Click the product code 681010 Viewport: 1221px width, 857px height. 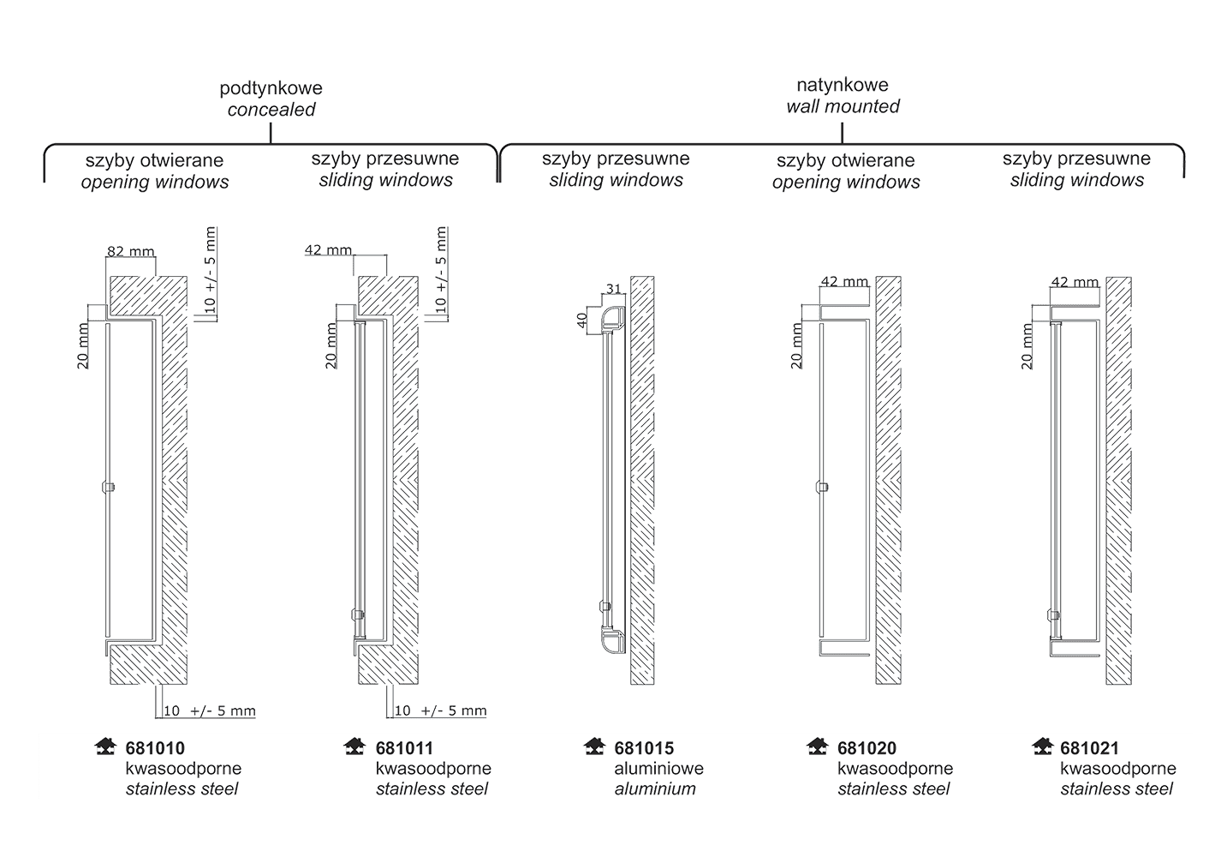(x=155, y=748)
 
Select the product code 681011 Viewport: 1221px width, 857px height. (x=404, y=748)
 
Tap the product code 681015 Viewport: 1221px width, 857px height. (x=644, y=748)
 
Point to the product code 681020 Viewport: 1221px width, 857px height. (x=867, y=748)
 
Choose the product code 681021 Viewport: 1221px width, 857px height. (x=1090, y=748)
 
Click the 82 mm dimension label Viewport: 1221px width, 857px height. (x=131, y=251)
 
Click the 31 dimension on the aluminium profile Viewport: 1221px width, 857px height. (x=614, y=289)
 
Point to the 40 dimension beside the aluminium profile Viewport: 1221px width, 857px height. (x=581, y=321)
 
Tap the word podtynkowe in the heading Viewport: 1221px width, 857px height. (x=271, y=88)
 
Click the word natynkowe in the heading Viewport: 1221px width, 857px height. (x=843, y=85)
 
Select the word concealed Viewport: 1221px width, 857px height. (x=271, y=110)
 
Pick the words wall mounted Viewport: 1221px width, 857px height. (x=843, y=106)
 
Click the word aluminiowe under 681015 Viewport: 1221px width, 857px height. (x=659, y=769)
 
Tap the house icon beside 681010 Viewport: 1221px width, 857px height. (x=105, y=746)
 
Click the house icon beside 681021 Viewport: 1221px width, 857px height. (x=1042, y=746)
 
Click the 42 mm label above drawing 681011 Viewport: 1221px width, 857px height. (x=328, y=250)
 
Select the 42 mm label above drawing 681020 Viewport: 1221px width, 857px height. (x=844, y=281)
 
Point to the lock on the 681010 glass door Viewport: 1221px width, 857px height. (x=109, y=487)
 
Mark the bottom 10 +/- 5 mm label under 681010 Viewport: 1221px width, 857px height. (x=209, y=710)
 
